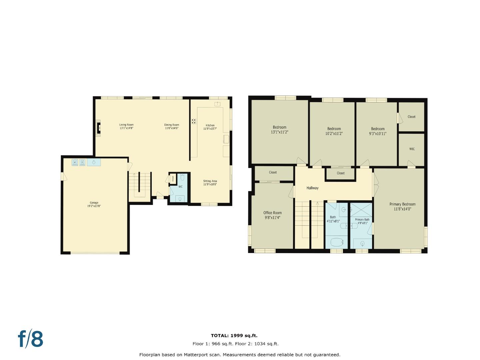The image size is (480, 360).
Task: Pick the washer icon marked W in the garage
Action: pyautogui.click(x=75, y=162)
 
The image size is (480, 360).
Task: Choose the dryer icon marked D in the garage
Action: pyautogui.click(x=82, y=162)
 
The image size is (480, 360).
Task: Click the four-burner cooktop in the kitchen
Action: pyautogui.click(x=194, y=121)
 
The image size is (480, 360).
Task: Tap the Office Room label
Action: pyautogui.click(x=272, y=213)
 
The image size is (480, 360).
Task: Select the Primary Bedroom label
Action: pyautogui.click(x=402, y=204)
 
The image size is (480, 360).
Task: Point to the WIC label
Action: pyautogui.click(x=412, y=149)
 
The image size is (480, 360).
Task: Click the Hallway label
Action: pyautogui.click(x=312, y=188)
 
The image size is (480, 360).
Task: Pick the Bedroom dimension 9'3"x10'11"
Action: pyautogui.click(x=378, y=134)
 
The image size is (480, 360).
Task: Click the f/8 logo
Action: pyautogui.click(x=31, y=339)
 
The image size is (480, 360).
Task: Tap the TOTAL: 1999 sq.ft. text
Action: pyautogui.click(x=234, y=336)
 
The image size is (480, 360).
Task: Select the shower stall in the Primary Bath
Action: pyautogui.click(x=361, y=210)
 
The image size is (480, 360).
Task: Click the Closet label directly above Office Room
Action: pyautogui.click(x=273, y=172)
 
